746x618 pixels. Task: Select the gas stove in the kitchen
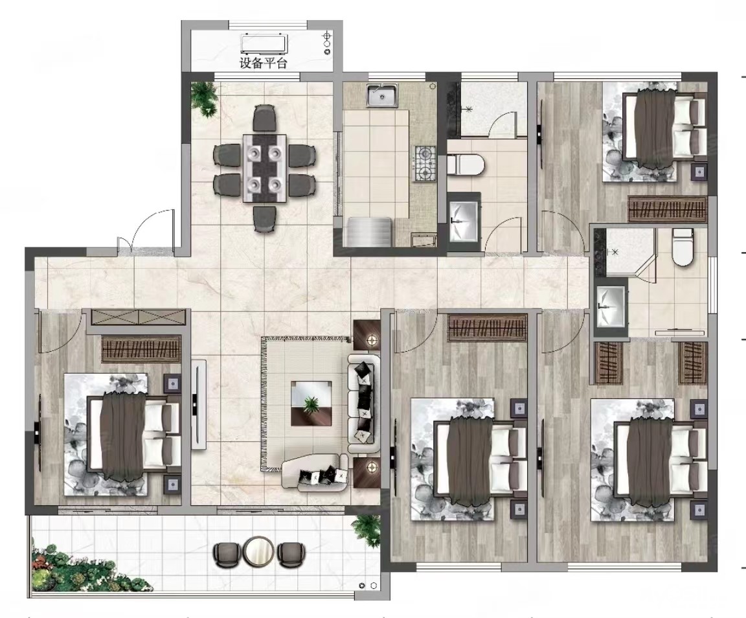(x=425, y=163)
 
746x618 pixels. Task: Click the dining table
(x=264, y=168)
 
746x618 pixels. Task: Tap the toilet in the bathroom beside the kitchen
(x=466, y=165)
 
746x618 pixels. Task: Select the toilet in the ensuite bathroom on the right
(x=682, y=247)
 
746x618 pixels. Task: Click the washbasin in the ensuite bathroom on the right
(x=611, y=306)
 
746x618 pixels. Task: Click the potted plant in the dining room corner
(x=205, y=98)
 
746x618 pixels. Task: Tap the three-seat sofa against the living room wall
(x=364, y=404)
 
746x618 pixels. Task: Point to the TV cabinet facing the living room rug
(x=199, y=404)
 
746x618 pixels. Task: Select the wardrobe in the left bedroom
(x=141, y=349)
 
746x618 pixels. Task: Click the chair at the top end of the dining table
(x=264, y=118)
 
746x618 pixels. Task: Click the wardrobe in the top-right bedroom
(x=668, y=209)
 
